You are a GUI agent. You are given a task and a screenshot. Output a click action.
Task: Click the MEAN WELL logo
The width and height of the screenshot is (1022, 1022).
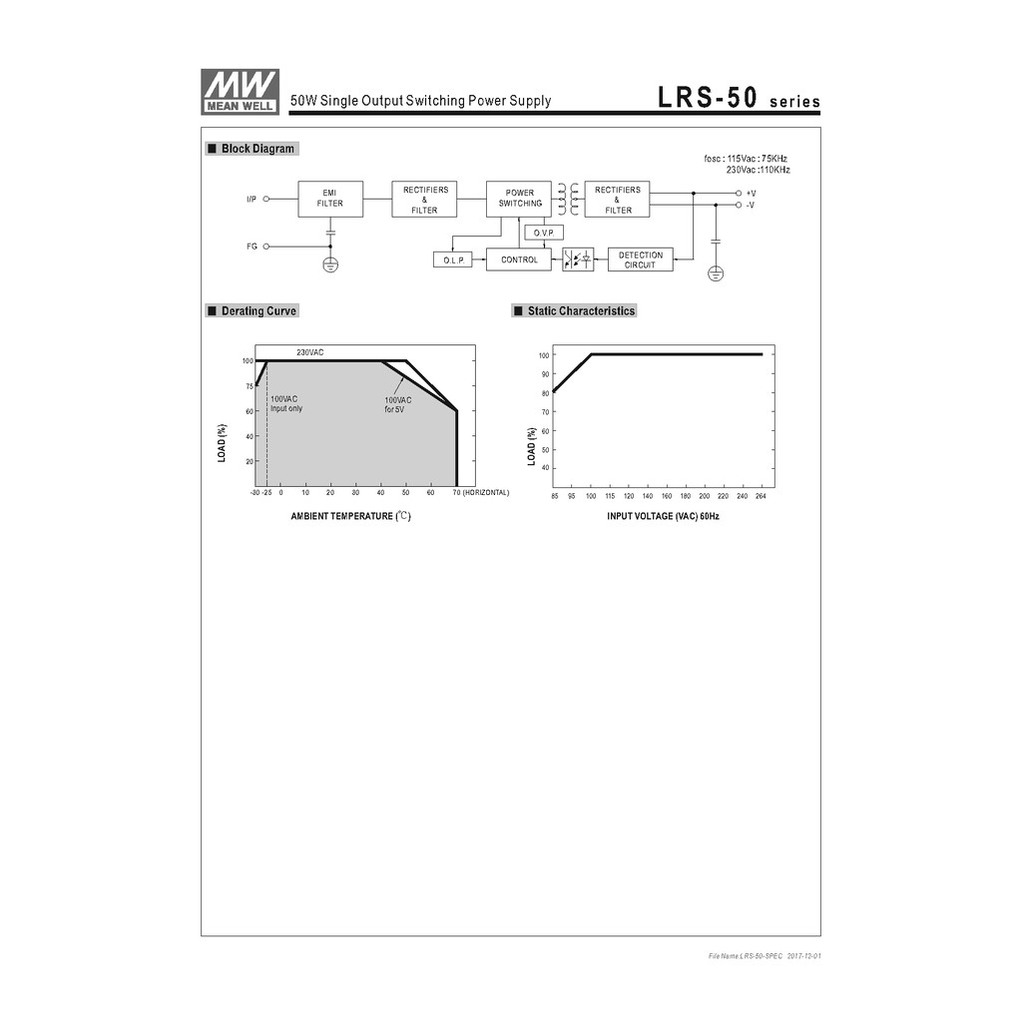pos(240,92)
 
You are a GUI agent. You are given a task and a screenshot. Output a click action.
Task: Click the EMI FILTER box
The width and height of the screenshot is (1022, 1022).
pos(330,199)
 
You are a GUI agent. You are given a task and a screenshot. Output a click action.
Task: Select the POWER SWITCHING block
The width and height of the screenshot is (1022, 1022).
pos(519,199)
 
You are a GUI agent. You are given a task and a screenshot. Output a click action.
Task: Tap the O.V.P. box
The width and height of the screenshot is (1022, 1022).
pos(544,233)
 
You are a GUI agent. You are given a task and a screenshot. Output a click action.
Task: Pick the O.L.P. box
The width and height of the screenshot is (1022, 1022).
pos(453,259)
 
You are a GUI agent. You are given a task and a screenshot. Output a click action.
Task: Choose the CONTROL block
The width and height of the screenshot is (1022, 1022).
pos(519,259)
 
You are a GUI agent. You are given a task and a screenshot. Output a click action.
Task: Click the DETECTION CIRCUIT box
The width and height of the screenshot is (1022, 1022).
pos(640,259)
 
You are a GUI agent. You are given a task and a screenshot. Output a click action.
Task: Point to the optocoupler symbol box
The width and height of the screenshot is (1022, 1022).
pos(578,259)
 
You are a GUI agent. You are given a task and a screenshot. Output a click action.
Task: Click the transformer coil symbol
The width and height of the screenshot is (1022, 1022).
pos(568,199)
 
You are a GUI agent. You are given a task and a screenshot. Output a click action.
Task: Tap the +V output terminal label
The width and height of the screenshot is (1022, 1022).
pos(751,194)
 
